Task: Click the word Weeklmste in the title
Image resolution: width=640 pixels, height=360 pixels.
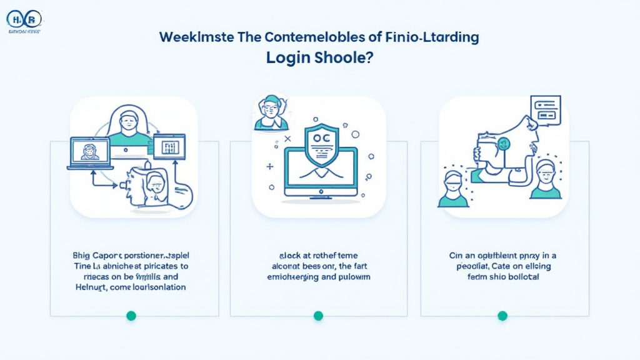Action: pyautogui.click(x=194, y=37)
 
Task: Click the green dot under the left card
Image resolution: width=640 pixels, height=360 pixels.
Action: pyautogui.click(x=131, y=316)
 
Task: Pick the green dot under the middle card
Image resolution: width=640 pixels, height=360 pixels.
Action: pyautogui.click(x=318, y=316)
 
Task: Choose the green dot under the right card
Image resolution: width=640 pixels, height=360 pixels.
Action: pyautogui.click(x=502, y=316)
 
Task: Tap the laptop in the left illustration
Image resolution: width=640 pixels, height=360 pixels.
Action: pyautogui.click(x=90, y=153)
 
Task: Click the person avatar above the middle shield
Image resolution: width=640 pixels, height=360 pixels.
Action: pyautogui.click(x=271, y=114)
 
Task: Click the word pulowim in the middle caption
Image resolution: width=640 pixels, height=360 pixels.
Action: pyautogui.click(x=351, y=276)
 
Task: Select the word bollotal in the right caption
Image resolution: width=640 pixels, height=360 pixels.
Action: pyautogui.click(x=521, y=276)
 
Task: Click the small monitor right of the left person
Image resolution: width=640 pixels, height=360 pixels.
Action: pyautogui.click(x=169, y=147)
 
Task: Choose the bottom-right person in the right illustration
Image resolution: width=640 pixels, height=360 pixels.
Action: pyautogui.click(x=545, y=180)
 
